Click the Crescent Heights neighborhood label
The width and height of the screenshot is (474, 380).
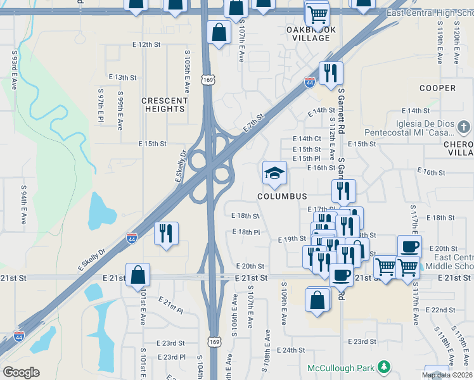point(164,104)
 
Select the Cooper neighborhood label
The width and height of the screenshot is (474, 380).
point(437,88)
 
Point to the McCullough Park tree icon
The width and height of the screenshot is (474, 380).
point(383,367)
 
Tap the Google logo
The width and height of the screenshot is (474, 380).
point(21,372)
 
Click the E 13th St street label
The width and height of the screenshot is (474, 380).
point(122,77)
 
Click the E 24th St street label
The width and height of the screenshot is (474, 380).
point(291,350)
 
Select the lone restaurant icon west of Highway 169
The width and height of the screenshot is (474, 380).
point(167,232)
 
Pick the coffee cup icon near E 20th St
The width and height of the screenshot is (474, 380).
point(409,246)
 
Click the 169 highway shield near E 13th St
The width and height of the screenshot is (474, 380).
point(208,79)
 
